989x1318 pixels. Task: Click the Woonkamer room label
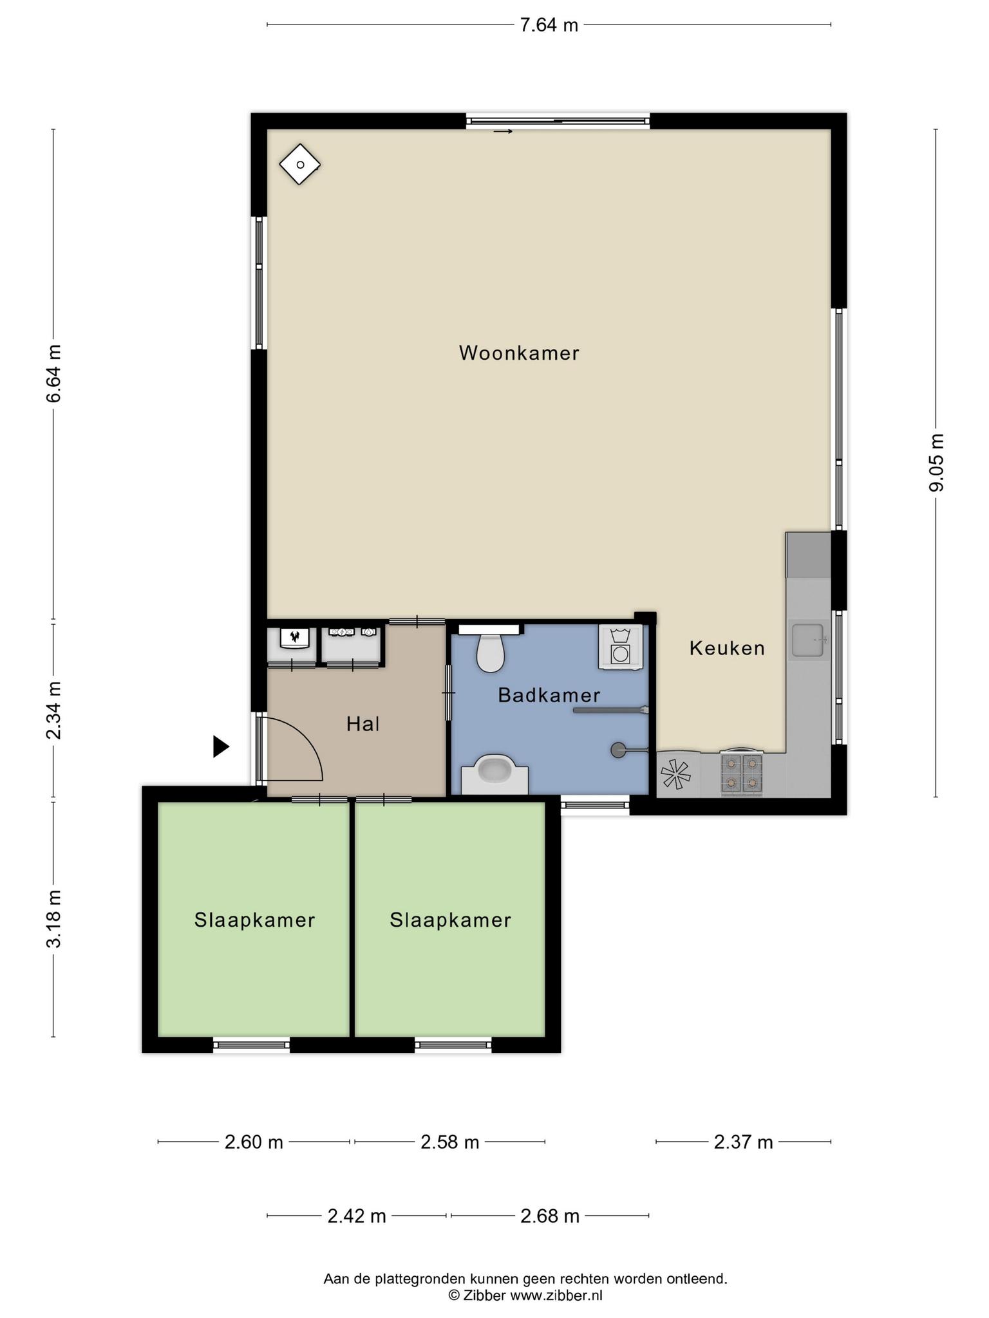[519, 353]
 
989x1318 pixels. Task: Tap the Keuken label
[727, 648]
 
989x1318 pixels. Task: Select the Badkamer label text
[549, 695]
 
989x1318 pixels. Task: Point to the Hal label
[363, 724]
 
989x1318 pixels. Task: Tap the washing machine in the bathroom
[620, 647]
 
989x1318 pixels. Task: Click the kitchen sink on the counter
[809, 640]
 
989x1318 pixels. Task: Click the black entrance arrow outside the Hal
[221, 747]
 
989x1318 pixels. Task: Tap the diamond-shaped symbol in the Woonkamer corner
[300, 164]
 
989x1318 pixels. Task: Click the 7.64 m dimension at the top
[549, 25]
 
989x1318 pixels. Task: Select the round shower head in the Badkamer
[618, 749]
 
